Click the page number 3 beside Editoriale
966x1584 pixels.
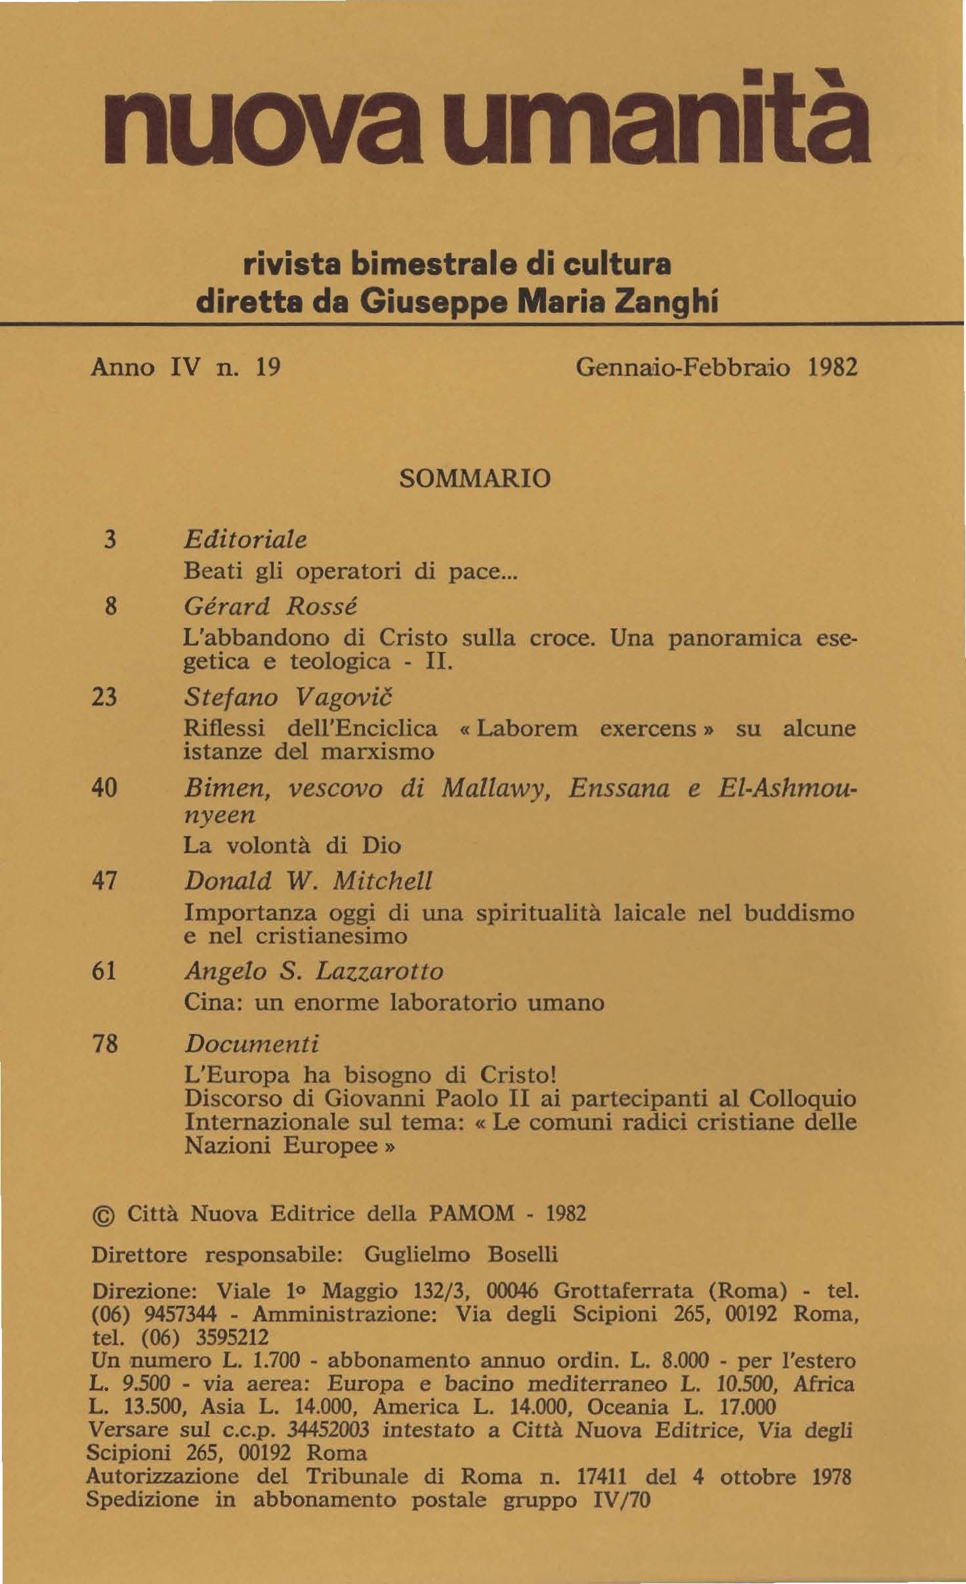[110, 539]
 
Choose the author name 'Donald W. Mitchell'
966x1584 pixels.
[308, 881]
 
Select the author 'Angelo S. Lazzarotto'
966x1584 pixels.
[314, 971]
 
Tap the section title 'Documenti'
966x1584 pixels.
[251, 1043]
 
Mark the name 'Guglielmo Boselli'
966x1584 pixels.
[460, 1255]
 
